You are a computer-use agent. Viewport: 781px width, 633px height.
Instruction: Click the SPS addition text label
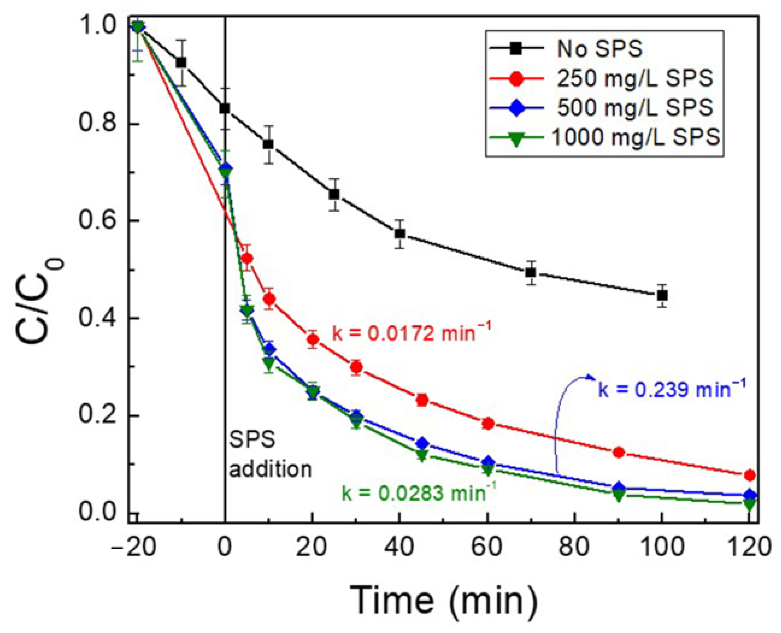tap(270, 454)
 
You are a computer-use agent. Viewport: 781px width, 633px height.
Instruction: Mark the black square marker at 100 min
tap(662, 295)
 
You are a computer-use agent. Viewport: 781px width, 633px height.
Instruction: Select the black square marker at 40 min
tap(400, 233)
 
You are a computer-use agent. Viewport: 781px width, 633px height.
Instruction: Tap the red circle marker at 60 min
tap(488, 424)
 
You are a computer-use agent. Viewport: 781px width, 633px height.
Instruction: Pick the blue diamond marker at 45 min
tap(422, 443)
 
